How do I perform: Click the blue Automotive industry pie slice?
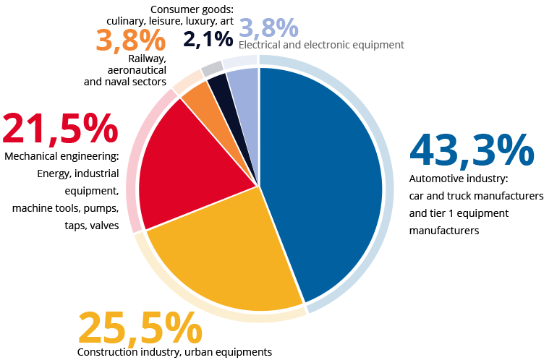(x=318, y=181)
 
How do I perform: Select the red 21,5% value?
(x=60, y=128)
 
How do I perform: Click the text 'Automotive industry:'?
(x=459, y=179)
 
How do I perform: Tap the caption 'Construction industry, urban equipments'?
(x=174, y=352)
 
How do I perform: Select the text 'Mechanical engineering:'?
(x=61, y=156)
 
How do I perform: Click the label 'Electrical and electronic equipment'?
(x=321, y=45)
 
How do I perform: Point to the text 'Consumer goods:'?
(x=192, y=9)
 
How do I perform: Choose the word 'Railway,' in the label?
(x=148, y=59)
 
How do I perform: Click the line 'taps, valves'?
(x=92, y=226)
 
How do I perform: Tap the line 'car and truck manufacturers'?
(x=476, y=196)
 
